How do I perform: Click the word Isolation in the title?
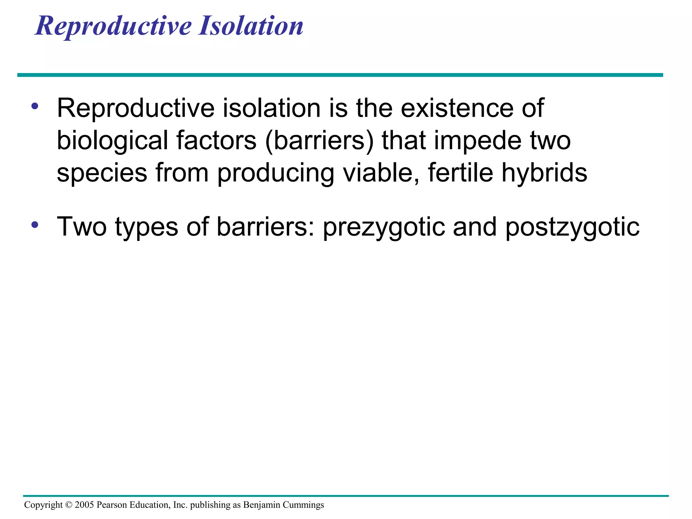[x=251, y=26]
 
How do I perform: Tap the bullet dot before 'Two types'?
[x=34, y=225]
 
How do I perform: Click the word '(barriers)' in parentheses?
[x=320, y=141]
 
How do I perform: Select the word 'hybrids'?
[x=544, y=173]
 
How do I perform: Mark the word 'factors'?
[x=216, y=141]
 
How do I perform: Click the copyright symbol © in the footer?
[x=69, y=505]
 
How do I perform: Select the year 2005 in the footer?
[x=84, y=505]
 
